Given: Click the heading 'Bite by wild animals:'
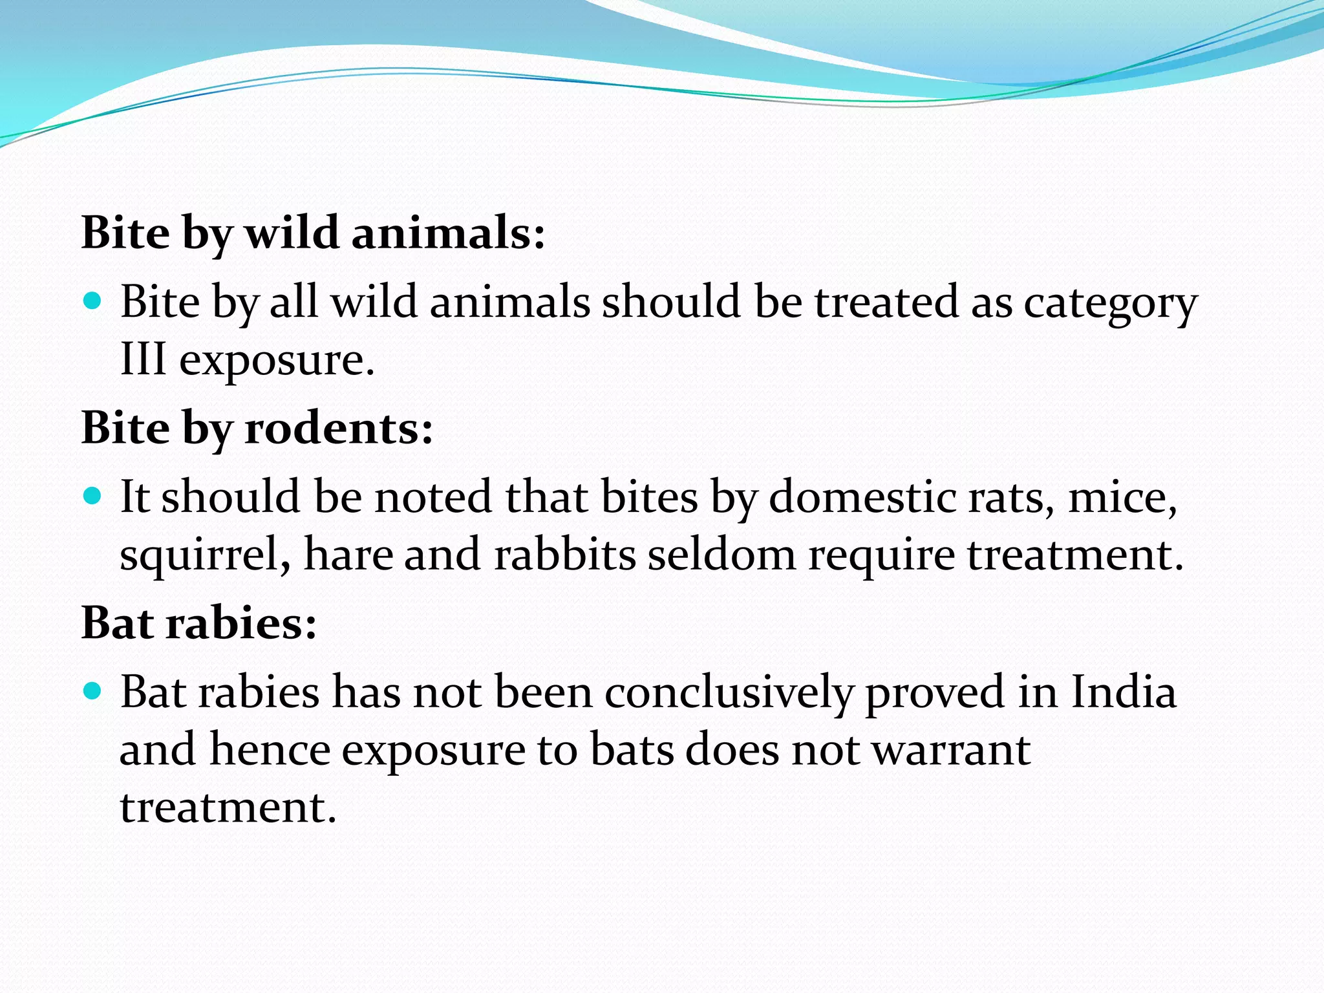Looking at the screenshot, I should point(313,233).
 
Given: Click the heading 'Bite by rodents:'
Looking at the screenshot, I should point(257,429).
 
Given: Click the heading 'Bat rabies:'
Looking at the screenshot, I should point(199,624).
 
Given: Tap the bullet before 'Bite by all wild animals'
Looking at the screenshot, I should point(93,301).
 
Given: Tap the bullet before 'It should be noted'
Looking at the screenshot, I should point(93,496).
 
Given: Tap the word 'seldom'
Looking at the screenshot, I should point(721,555).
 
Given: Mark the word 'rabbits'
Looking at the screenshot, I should point(565,555).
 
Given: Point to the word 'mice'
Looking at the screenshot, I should point(1122,498).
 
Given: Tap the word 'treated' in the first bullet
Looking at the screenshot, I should point(886,303).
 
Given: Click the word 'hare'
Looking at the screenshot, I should point(348,555).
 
